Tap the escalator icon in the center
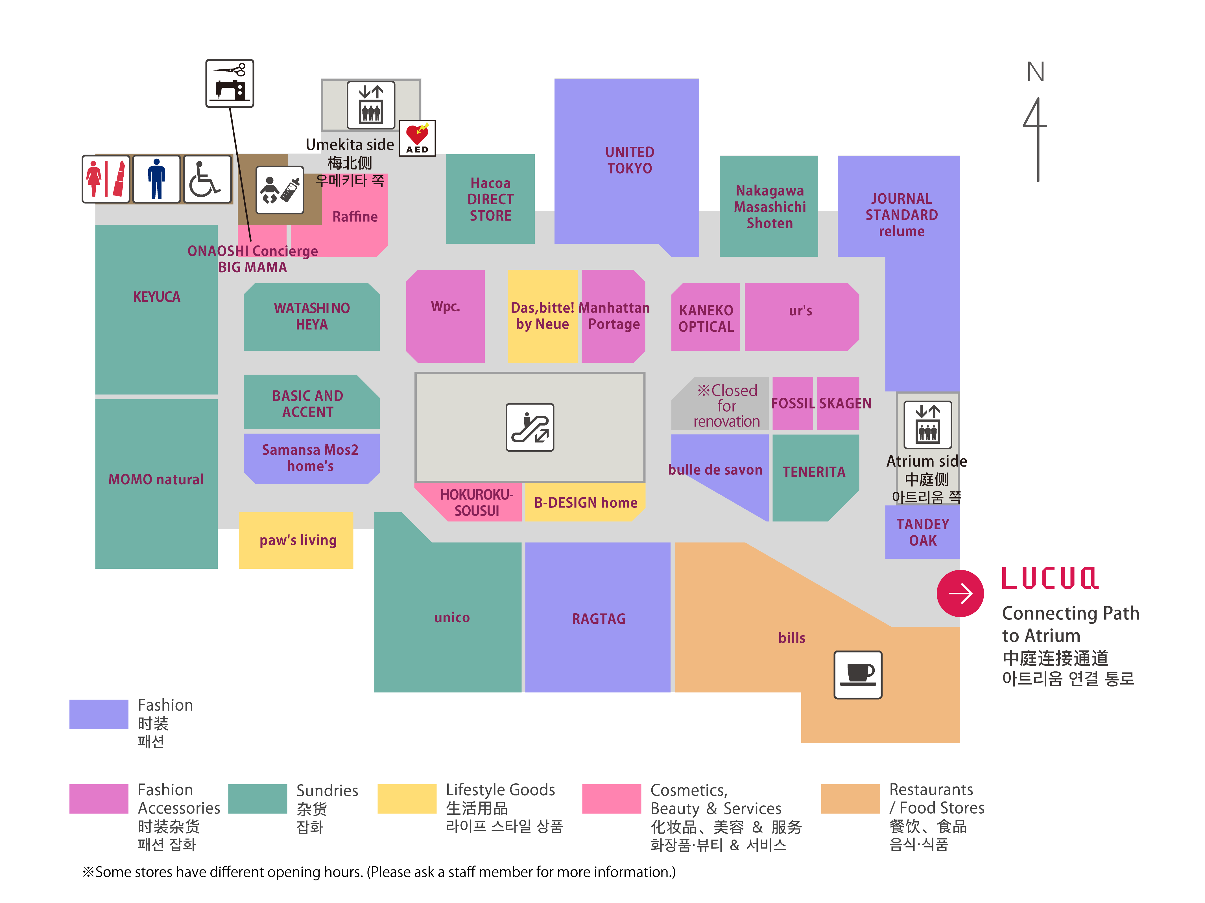529,427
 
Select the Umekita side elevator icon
371,104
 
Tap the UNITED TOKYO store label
630,160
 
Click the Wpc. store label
445,306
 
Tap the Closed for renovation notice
726,405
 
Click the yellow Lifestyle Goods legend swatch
406,799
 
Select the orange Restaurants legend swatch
850,799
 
